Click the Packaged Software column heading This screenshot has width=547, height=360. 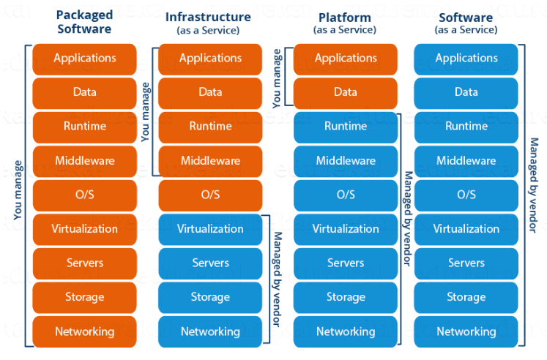tap(84, 23)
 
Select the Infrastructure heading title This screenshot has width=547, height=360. tap(209, 17)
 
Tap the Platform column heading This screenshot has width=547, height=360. tap(344, 17)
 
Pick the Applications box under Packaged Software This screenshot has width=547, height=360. tap(84, 59)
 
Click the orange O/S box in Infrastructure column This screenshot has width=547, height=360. tap(210, 195)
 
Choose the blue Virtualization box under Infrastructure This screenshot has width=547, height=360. tap(210, 229)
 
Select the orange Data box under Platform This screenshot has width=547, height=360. tap(345, 93)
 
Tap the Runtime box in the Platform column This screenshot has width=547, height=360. tap(345, 127)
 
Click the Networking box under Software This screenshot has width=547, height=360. tap(466, 331)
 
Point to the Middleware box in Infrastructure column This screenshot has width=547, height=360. tap(210, 161)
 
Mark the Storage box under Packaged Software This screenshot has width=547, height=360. tap(84, 297)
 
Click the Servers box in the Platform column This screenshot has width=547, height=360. tap(345, 263)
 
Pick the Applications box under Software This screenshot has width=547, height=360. tap(466, 59)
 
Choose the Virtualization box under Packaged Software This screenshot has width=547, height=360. tap(84, 229)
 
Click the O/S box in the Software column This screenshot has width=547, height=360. tap(466, 195)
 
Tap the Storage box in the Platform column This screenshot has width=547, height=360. tap(345, 297)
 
